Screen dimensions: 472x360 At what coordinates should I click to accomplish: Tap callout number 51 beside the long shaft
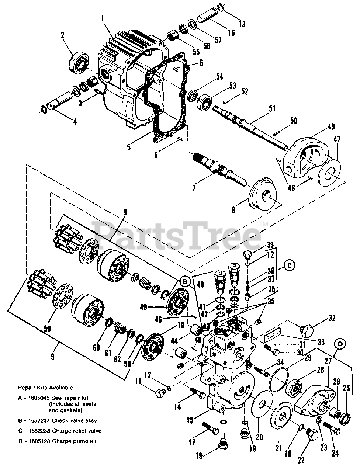272,108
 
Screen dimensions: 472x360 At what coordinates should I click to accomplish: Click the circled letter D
340,344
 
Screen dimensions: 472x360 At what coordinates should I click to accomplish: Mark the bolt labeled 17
210,430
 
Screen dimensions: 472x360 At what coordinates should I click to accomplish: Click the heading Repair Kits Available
46,388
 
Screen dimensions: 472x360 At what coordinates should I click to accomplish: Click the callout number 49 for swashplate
331,126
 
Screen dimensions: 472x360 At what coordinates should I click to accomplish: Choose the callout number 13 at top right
242,25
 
